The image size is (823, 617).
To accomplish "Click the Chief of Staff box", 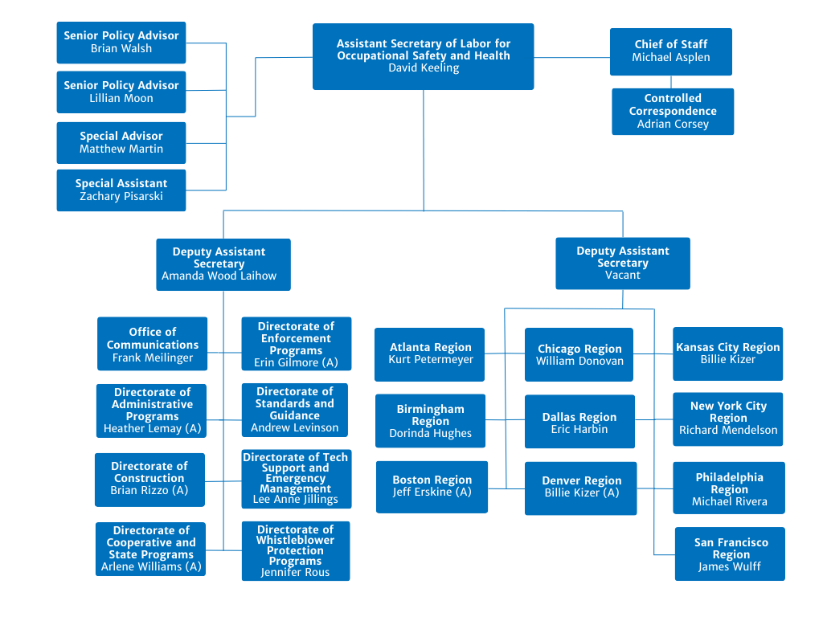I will point(671,51).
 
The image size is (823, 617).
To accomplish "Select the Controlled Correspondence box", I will point(673,111).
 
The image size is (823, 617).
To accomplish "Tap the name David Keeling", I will point(424,68).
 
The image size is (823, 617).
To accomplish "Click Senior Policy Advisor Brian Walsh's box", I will point(121,42).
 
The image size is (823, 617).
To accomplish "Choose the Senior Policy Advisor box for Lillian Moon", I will point(121,92).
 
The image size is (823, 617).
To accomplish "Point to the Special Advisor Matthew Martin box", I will point(121,142).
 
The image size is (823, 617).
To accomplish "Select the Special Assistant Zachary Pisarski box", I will point(121,190).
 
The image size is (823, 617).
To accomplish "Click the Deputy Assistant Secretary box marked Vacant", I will point(623,263).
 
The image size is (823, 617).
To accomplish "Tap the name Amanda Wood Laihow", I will point(219,276).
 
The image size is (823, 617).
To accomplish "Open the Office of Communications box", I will point(153,344).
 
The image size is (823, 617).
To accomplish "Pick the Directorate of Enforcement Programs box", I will point(296,344).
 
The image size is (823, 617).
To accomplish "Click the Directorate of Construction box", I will point(149,480).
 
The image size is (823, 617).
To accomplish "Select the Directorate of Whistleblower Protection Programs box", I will point(296,551).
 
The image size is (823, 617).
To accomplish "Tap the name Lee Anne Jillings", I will point(296,500).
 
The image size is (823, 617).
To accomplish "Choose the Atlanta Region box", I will point(430,353).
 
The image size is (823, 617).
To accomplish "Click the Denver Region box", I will point(581,487).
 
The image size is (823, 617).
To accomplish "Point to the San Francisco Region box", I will point(730,554).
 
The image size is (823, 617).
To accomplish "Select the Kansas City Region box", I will point(727,353).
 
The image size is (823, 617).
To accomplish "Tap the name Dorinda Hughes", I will point(431,434).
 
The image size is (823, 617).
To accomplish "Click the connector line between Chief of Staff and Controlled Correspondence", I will point(671,81).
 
